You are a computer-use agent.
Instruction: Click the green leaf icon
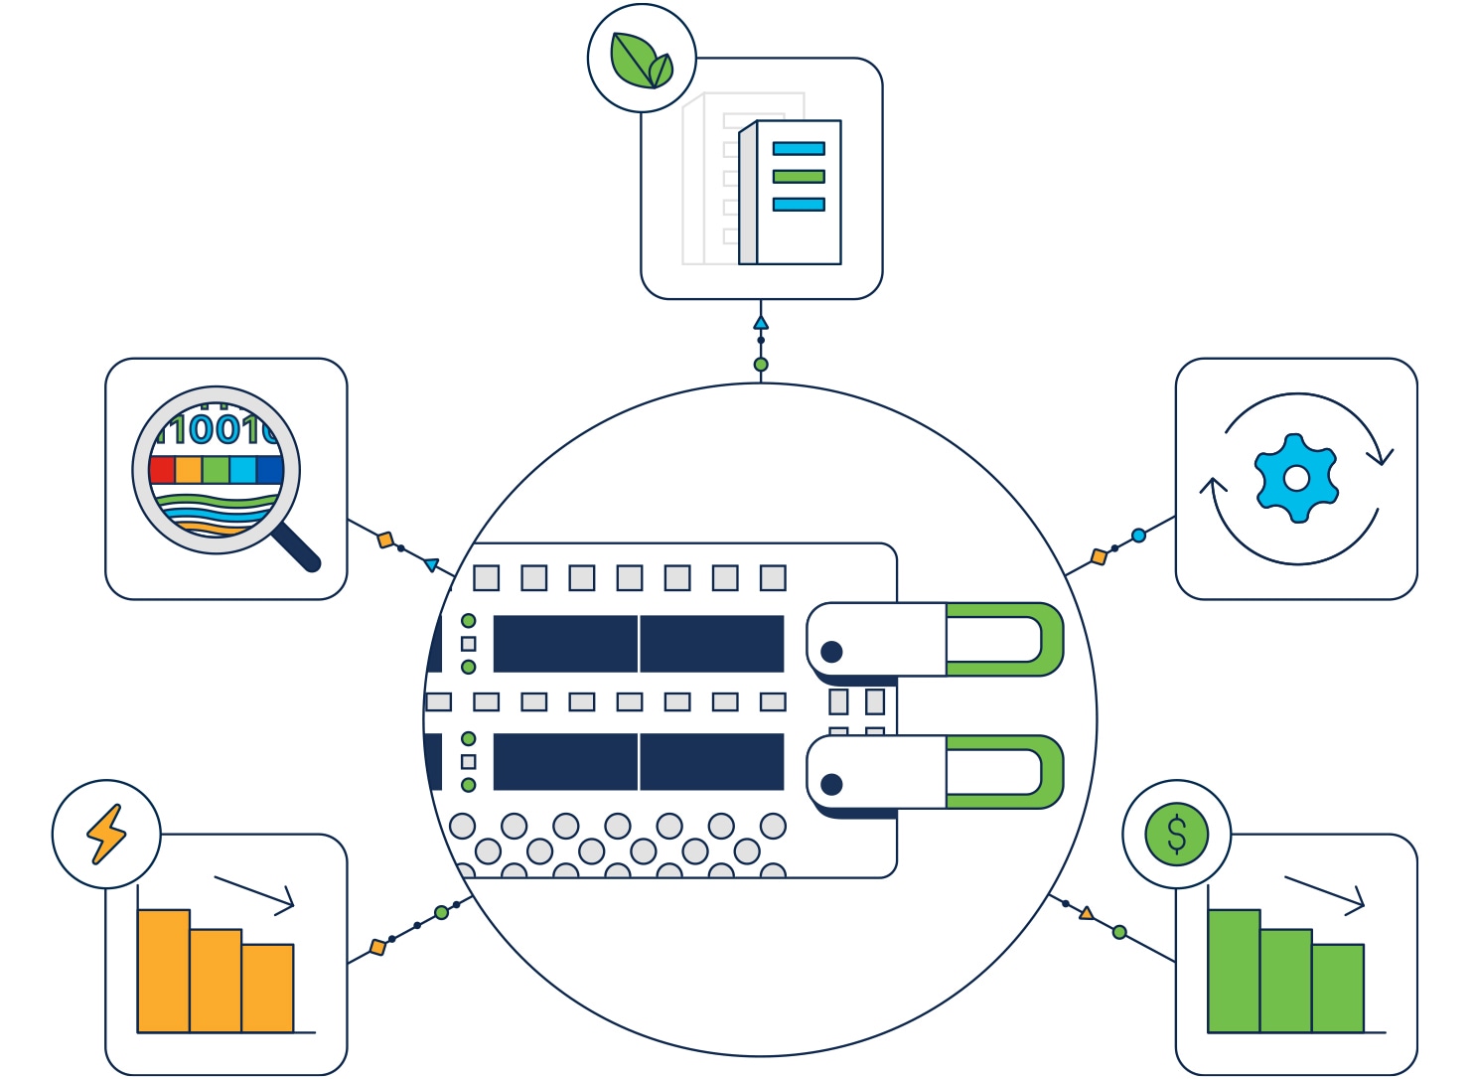coord(641,60)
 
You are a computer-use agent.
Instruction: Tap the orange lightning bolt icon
coord(106,834)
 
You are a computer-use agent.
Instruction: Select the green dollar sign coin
coord(1177,834)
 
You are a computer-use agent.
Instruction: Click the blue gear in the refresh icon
coord(1296,478)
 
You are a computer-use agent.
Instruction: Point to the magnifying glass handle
coord(296,547)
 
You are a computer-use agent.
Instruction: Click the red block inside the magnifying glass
coord(162,469)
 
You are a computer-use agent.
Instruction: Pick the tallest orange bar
coord(163,971)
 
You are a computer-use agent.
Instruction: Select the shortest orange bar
coord(267,988)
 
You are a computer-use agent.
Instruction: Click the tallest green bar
coord(1234,971)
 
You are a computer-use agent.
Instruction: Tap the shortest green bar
coord(1338,988)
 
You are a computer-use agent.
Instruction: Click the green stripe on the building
coord(799,177)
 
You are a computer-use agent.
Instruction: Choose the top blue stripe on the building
coord(799,149)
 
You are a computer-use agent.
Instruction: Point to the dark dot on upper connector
coord(832,652)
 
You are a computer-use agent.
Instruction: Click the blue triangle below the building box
coord(761,323)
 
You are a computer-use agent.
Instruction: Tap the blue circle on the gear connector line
coord(1138,536)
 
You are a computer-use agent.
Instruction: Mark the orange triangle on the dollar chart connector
coord(1087,913)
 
